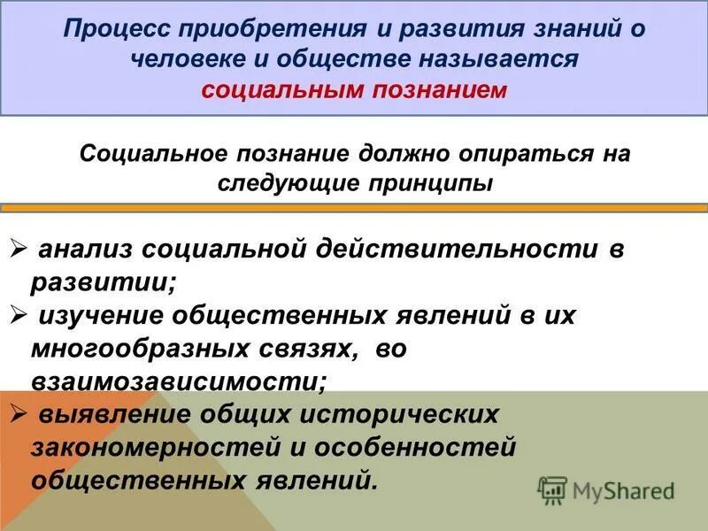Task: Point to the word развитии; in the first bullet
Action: point(104,283)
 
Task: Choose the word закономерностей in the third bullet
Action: point(146,449)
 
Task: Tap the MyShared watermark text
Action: point(623,489)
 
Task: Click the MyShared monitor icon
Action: point(552,489)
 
